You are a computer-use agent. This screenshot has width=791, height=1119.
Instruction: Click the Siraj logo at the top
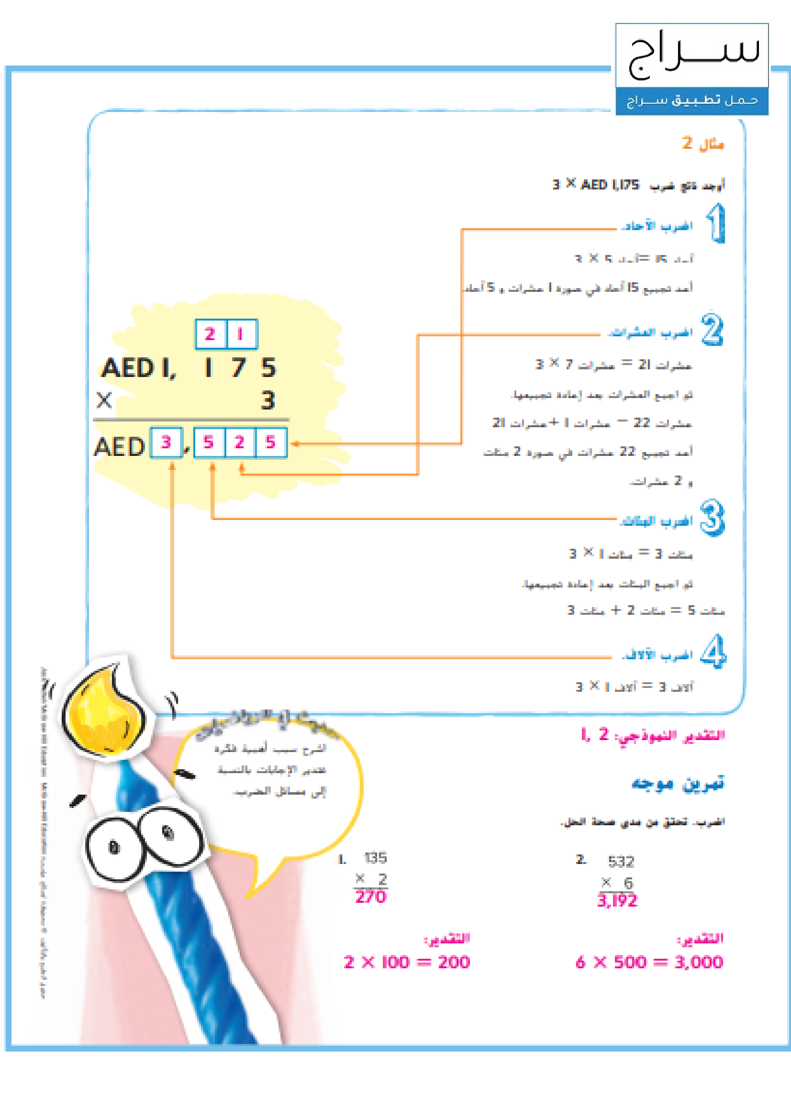tap(691, 55)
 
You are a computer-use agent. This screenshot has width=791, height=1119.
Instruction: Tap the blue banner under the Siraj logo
tap(691, 101)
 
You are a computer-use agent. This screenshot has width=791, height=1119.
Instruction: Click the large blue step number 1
tap(715, 223)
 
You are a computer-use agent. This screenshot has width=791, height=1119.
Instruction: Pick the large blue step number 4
tap(713, 651)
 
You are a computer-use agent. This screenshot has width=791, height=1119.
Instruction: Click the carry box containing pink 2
tap(210, 334)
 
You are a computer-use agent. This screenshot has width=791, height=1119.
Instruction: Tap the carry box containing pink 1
tap(241, 334)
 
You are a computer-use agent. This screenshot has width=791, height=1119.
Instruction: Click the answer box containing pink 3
tap(166, 443)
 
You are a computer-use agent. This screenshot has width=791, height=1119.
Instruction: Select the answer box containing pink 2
tap(239, 443)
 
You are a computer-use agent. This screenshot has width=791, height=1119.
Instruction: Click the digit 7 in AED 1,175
tap(238, 367)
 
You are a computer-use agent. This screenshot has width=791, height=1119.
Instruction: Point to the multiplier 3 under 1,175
tap(267, 400)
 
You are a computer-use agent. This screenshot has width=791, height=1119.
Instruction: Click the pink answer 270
tap(370, 896)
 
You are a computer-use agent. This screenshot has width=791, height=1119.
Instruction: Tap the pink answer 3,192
tap(617, 900)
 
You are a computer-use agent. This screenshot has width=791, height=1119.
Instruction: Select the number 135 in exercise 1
tap(375, 857)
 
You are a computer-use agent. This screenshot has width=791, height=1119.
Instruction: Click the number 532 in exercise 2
tap(621, 862)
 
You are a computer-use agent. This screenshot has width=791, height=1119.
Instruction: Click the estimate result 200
tap(453, 962)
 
